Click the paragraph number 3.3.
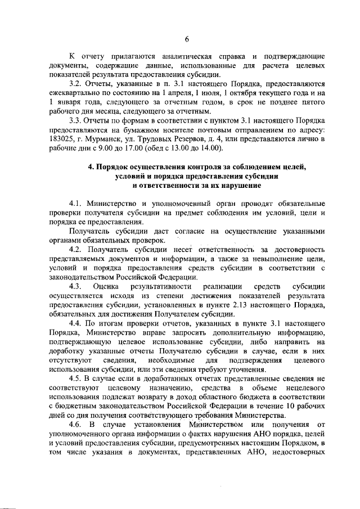click(x=75, y=121)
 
